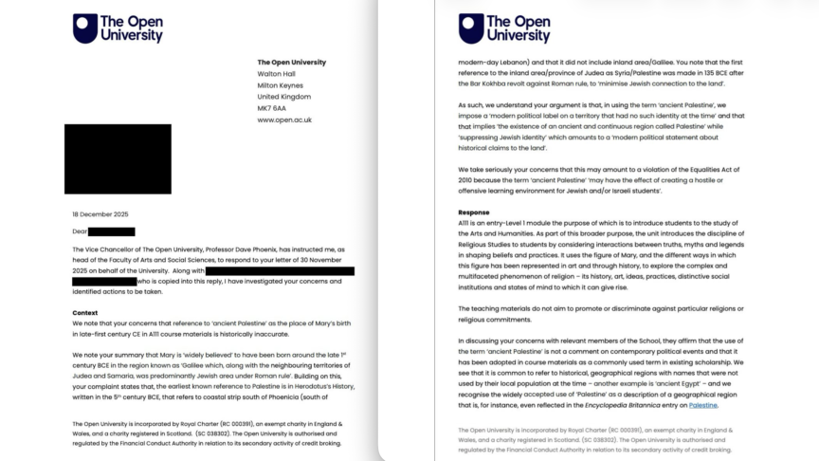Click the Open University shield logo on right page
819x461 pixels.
pyautogui.click(x=471, y=28)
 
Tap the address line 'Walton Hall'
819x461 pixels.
pyautogui.click(x=278, y=73)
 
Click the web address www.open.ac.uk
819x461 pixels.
pyautogui.click(x=284, y=120)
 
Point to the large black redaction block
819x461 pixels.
pyautogui.click(x=118, y=158)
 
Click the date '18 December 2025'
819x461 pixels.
pyautogui.click(x=103, y=214)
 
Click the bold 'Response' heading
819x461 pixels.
pyautogui.click(x=474, y=212)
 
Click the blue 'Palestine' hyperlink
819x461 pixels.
pyautogui.click(x=703, y=405)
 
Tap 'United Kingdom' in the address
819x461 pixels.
pyautogui.click(x=284, y=97)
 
